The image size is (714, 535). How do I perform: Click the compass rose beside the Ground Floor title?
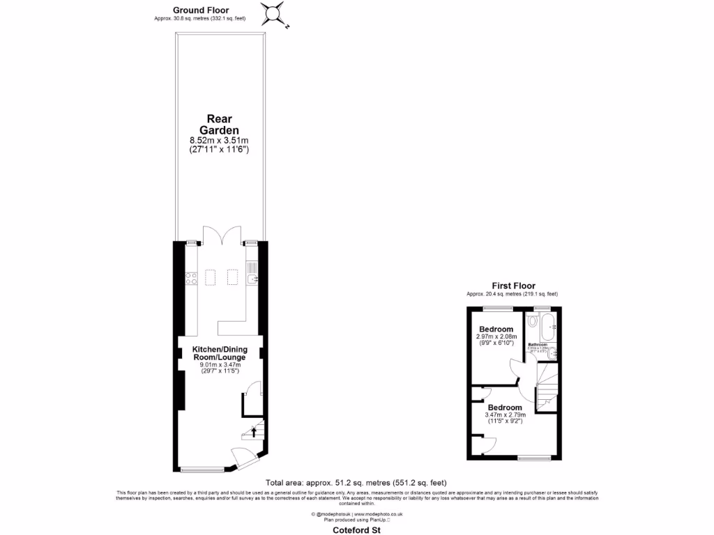[x=275, y=14]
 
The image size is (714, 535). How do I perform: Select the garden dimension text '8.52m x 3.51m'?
[x=220, y=141]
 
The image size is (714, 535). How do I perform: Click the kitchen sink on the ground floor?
[x=252, y=279]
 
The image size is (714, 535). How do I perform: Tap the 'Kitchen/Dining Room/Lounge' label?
[x=220, y=352]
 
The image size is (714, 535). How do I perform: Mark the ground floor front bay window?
[x=202, y=469]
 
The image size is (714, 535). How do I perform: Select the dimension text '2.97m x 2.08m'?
[x=495, y=337]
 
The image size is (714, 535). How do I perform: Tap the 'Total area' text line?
[x=356, y=483]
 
